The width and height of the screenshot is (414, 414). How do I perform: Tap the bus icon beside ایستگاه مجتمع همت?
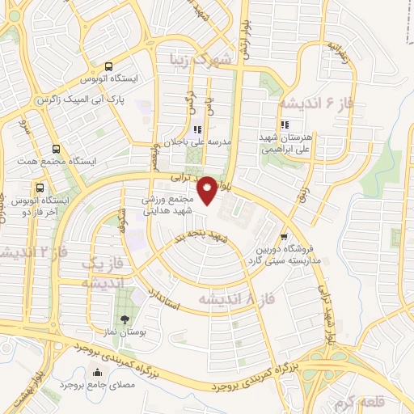55,149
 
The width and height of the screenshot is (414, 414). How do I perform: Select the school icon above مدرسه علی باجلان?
196,129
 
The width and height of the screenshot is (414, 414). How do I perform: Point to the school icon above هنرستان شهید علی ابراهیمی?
284,125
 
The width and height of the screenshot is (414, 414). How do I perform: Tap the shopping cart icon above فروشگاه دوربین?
283,236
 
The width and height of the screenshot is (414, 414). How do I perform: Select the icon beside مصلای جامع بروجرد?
99,373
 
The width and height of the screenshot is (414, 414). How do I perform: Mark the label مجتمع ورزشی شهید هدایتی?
170,205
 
